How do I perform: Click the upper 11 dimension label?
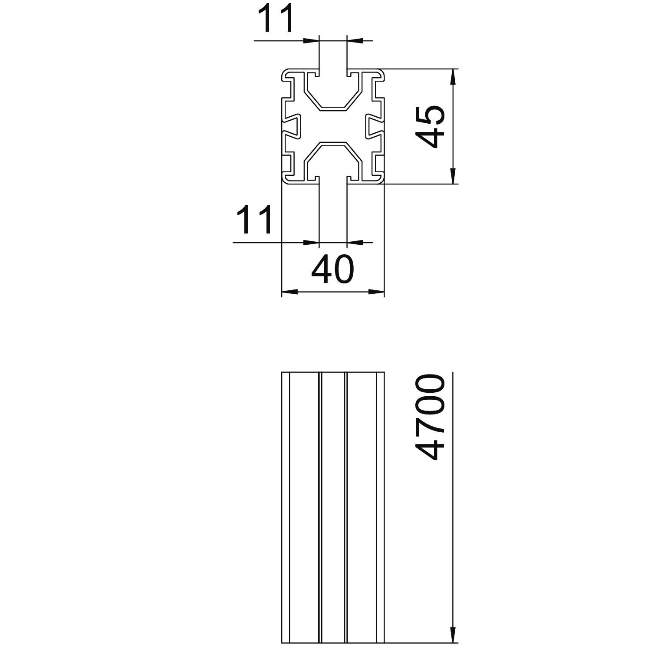[276, 19]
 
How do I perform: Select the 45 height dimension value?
[431, 126]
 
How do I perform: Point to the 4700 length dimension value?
[431, 418]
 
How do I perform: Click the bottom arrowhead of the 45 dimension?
[452, 176]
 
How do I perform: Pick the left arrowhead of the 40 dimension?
[289, 292]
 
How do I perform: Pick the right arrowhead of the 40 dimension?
[376, 292]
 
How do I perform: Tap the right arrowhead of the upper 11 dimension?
[355, 41]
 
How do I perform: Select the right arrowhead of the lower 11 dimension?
[355, 242]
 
